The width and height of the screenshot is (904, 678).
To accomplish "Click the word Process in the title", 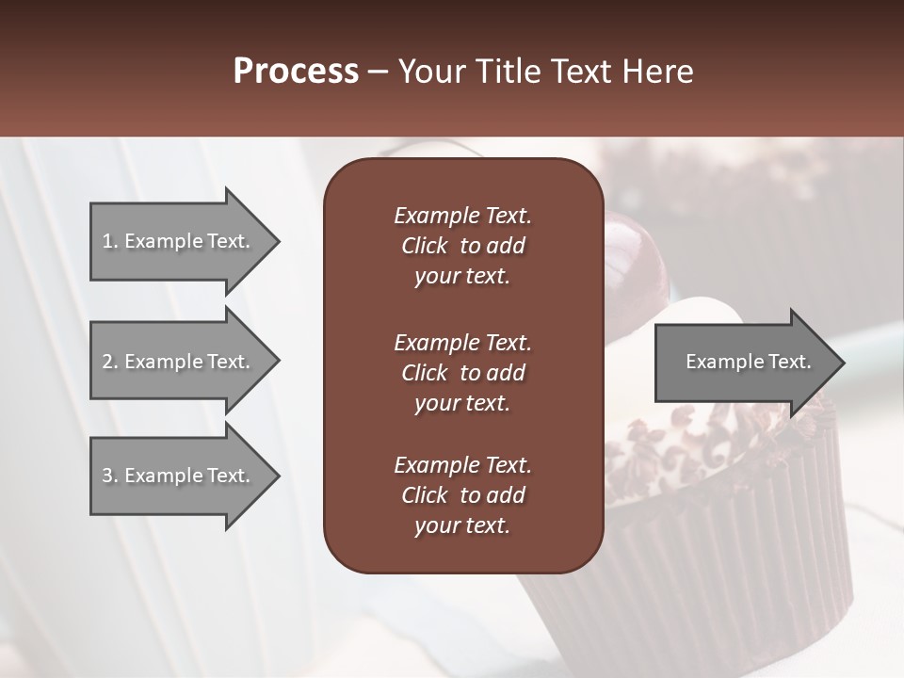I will [x=296, y=72].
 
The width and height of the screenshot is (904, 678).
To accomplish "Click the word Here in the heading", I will [x=658, y=72].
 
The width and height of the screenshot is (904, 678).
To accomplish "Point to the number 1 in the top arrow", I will [x=107, y=241].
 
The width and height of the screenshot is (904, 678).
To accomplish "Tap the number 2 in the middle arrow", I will [x=107, y=362].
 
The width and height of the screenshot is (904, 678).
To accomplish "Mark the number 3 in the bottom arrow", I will [x=107, y=476].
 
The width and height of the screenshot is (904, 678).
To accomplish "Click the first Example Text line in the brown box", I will [x=462, y=216].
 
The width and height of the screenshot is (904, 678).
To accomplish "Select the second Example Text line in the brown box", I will [x=462, y=343].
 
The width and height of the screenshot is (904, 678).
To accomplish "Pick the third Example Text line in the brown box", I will [x=462, y=465].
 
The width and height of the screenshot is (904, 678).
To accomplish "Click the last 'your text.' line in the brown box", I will [x=462, y=526].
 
